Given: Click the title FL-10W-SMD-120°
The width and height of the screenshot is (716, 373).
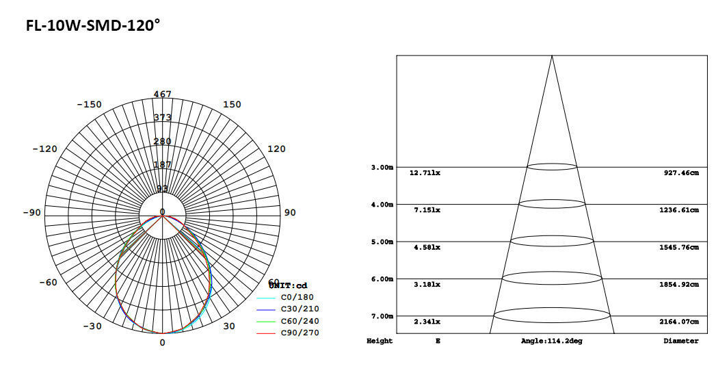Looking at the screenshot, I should coord(93,26).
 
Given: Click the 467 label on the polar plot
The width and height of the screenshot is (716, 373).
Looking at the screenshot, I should coord(162,94).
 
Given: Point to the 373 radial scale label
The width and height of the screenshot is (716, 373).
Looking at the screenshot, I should coord(162,118).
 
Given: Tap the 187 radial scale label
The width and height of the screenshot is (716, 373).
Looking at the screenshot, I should coord(162,165).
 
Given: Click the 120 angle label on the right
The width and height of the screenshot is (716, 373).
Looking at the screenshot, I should coord(276,149).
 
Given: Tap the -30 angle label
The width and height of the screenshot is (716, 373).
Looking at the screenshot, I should coord(92,326).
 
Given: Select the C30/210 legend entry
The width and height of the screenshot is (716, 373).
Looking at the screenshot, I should coord(299,309).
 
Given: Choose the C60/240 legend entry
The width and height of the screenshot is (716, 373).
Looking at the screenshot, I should coord(299,321).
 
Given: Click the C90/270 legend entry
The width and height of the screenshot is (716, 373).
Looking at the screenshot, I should coord(299,333).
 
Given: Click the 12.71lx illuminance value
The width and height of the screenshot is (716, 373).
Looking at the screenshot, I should coord(425,173).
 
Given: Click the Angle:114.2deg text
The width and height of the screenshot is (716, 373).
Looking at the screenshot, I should coord(551,341).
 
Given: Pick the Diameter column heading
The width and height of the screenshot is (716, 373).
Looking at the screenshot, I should coord(680,341).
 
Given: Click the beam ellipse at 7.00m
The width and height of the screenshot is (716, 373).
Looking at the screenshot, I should coord(552,316).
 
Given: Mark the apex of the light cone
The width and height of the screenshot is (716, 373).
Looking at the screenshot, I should coord(552,56).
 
